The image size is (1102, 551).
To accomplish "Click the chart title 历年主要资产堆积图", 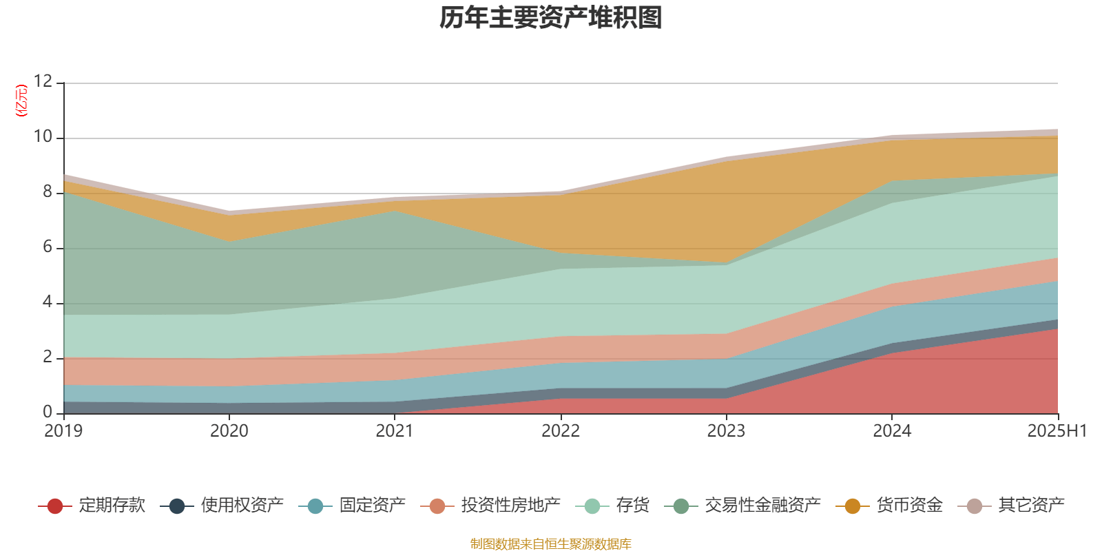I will pyautogui.click(x=551, y=18).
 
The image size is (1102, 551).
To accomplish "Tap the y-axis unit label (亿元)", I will pyautogui.click(x=21, y=101).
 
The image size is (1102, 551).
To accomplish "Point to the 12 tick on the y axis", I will pyautogui.click(x=43, y=82).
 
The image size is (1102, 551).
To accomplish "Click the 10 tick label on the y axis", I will pyautogui.click(x=43, y=137).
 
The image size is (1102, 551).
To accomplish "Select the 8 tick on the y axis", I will pyautogui.click(x=48, y=192).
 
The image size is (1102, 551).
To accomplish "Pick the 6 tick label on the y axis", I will pyautogui.click(x=48, y=247).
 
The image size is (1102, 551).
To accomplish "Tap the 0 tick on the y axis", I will pyautogui.click(x=48, y=413).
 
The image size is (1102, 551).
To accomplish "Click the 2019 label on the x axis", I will pyautogui.click(x=63, y=431).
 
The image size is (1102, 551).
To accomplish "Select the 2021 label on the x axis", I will pyautogui.click(x=395, y=431).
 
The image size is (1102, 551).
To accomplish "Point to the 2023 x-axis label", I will pyautogui.click(x=726, y=431).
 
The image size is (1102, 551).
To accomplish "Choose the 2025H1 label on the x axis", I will pyautogui.click(x=1056, y=431).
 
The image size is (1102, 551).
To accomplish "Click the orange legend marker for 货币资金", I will pyautogui.click(x=852, y=506).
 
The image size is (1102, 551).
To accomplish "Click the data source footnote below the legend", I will pyautogui.click(x=551, y=544).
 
